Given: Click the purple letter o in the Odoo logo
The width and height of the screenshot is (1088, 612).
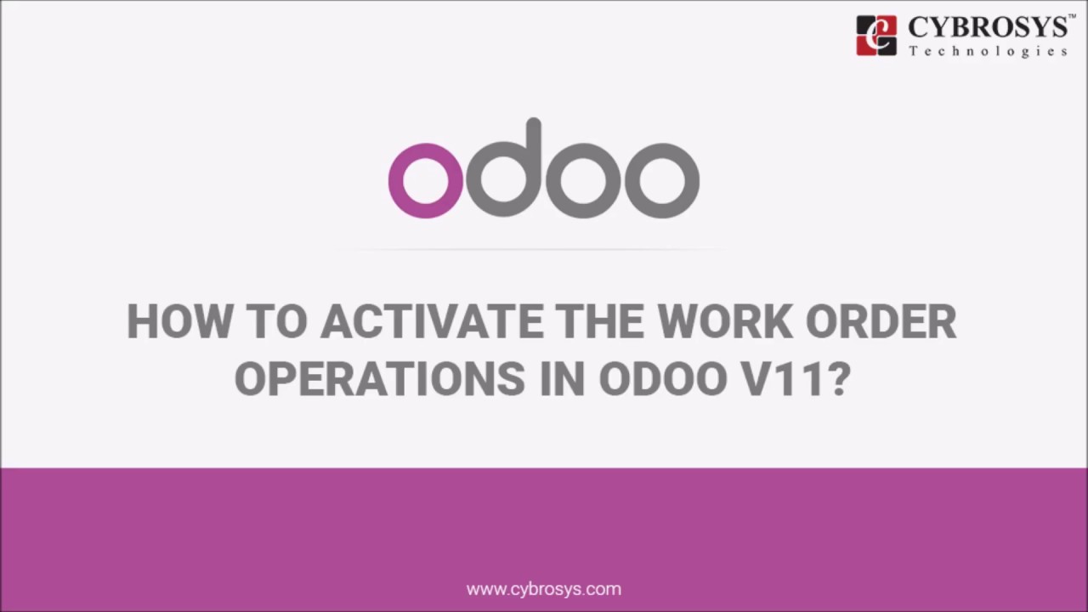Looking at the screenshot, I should [426, 179].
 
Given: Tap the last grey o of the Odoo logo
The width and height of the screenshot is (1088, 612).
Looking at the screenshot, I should [662, 179].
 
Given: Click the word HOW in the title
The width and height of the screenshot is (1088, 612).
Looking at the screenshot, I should [179, 322].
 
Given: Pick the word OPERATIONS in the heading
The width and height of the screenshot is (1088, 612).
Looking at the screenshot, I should [379, 379].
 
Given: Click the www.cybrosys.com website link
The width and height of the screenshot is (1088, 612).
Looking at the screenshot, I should [544, 588].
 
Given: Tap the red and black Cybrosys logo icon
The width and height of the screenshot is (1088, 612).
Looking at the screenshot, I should [876, 36].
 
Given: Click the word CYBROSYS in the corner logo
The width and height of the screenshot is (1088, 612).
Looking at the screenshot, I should [986, 28].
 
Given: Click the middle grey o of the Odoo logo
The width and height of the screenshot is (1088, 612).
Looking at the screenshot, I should [583, 179].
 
